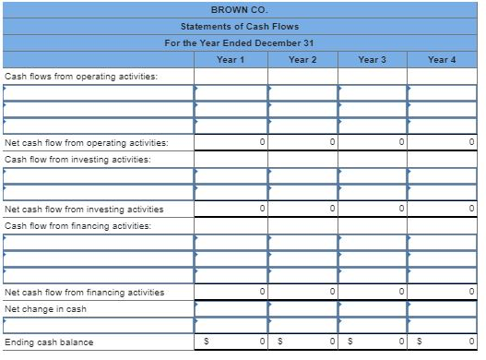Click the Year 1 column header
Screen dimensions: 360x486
coord(231,60)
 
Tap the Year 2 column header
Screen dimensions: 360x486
coord(302,60)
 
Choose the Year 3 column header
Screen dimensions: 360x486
coord(372,60)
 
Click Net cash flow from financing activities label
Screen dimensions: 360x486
coord(85,293)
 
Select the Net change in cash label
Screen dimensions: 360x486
coord(45,309)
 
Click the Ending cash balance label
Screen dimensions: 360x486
coord(49,342)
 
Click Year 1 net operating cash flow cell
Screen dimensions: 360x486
coord(231,143)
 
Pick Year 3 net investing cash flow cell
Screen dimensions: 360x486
coord(372,210)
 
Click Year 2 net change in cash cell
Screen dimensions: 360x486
coord(302,309)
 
